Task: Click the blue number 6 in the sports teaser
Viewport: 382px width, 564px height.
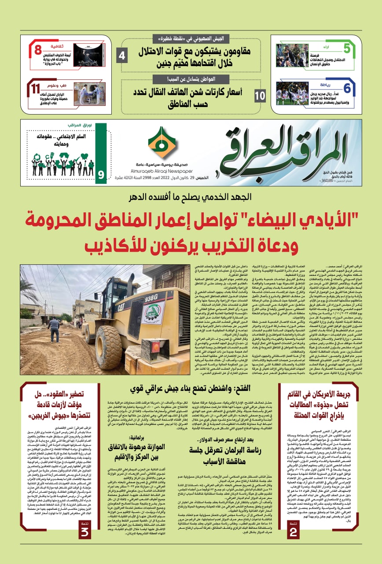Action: pos(347,88)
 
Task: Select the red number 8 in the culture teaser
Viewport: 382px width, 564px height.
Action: pos(38,49)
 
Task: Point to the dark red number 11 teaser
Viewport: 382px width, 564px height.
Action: pos(36,88)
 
